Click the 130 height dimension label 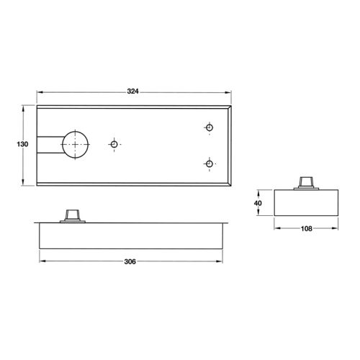22,145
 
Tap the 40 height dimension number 258,203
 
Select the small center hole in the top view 114,145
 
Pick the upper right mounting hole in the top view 210,127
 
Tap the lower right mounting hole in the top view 210,164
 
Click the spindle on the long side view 71,215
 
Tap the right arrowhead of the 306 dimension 224,260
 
